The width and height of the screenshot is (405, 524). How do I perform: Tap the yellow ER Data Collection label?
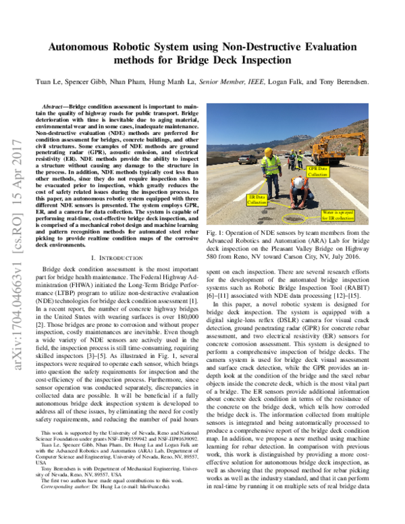click(256, 199)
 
